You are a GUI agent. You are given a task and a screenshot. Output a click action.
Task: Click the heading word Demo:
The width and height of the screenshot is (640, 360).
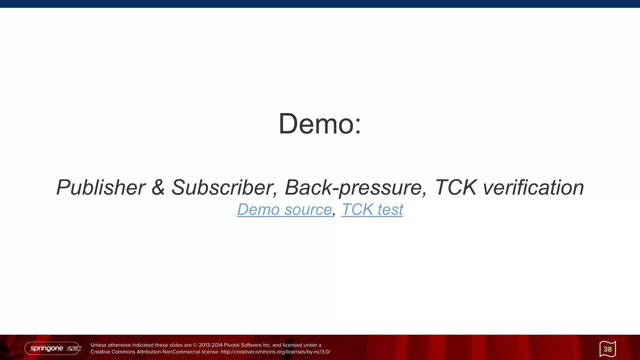320,124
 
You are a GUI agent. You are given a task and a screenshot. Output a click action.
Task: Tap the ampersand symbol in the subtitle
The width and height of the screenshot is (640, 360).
158,187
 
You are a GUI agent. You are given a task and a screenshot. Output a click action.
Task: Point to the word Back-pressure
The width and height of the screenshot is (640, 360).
356,187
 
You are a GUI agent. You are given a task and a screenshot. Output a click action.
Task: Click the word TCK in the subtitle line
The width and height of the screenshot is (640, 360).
456,187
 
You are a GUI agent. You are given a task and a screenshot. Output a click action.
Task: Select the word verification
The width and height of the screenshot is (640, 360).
533,187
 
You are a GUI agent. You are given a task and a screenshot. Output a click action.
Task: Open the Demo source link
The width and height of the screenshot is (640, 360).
284,209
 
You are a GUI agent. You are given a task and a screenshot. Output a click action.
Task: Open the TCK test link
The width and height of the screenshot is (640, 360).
372,209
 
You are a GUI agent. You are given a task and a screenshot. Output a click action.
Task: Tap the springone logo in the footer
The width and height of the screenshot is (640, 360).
47,348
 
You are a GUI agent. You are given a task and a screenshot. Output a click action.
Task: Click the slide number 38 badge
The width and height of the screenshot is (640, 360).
607,349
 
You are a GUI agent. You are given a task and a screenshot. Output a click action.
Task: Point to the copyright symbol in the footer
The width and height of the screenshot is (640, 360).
195,345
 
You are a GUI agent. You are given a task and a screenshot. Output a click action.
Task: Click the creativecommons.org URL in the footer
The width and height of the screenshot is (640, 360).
275,352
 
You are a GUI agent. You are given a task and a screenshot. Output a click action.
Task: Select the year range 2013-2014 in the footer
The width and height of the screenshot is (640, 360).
211,345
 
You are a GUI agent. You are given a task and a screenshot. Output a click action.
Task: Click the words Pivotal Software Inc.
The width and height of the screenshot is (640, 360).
247,345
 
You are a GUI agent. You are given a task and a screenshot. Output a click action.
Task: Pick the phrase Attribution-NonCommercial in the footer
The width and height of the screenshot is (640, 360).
168,352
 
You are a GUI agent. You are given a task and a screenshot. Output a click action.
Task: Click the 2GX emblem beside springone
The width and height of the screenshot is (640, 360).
74,348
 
